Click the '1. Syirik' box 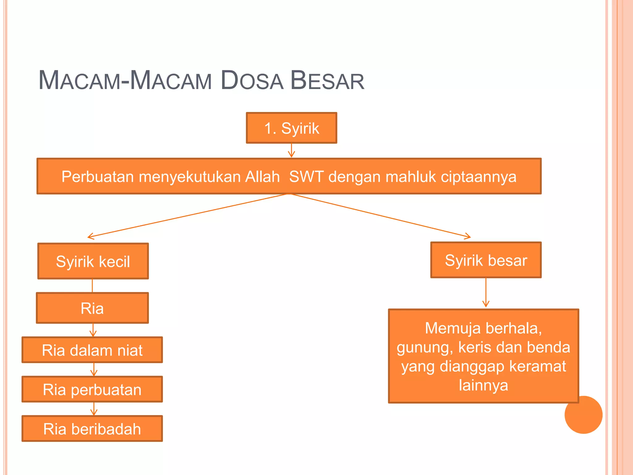point(291,128)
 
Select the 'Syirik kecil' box point(93,261)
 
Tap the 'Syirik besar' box point(486,260)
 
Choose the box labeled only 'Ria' point(92,308)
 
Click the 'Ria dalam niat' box point(92,350)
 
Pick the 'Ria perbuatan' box point(92,389)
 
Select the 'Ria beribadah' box point(92,429)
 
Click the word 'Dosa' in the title point(252,81)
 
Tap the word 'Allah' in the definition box point(262,177)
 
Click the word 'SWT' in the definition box point(306,177)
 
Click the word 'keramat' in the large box point(537,366)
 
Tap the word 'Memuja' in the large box point(447,328)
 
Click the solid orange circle point(583,415)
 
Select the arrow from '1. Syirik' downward point(291,151)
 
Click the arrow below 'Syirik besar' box point(486,293)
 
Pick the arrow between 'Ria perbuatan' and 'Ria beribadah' point(94,409)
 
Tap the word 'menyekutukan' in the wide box point(190,177)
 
